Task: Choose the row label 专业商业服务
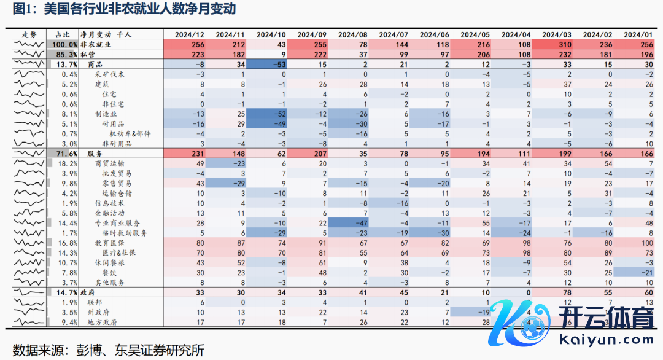[x=118, y=222]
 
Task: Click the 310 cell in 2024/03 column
[x=566, y=45]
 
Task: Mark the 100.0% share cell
[x=64, y=45]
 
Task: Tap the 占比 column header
[x=63, y=35]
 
